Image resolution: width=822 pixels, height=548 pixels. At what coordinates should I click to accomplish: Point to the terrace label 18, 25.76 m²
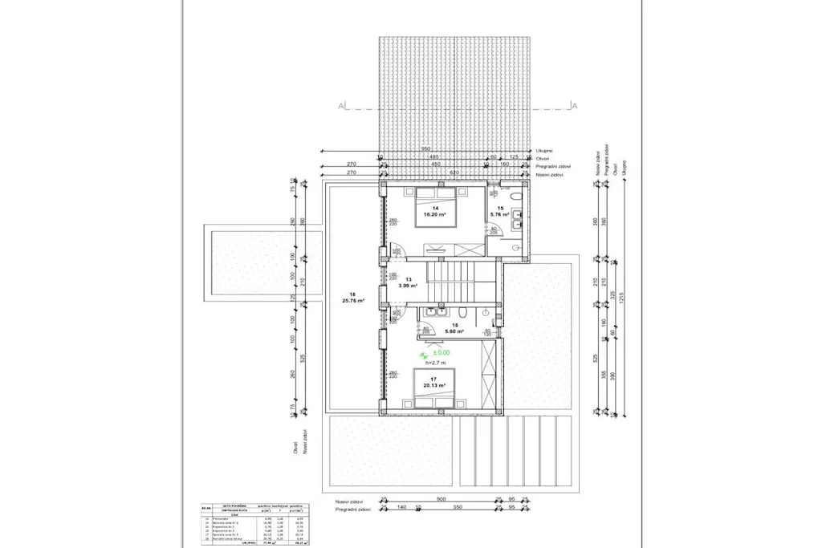coord(352,297)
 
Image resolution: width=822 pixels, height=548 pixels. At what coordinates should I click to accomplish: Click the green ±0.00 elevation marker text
coord(439,351)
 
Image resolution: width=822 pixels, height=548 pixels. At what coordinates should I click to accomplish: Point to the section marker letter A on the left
coord(341,105)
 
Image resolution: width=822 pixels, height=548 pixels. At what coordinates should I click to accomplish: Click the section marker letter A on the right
coord(574,105)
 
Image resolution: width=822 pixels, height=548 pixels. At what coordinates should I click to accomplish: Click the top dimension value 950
coord(426,148)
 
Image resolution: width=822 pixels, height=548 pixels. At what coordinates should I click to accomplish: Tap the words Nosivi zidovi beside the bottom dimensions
coord(351,500)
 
